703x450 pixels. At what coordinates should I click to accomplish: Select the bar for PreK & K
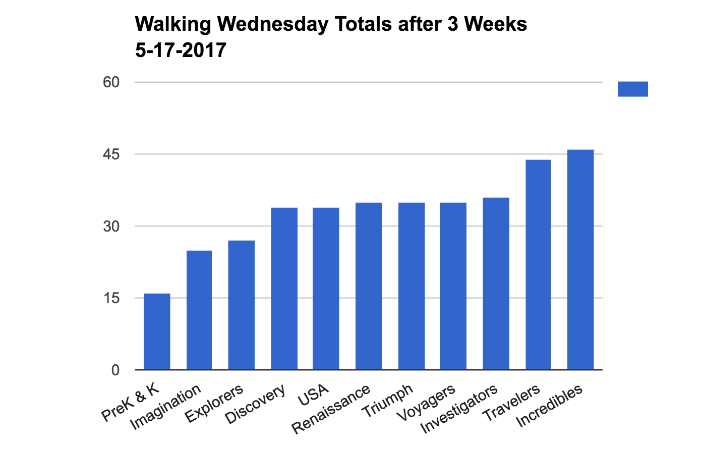[157, 331]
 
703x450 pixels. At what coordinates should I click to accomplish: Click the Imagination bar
[199, 310]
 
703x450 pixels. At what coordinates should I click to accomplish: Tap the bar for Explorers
[241, 305]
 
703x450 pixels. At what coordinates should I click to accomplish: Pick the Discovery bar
[284, 289]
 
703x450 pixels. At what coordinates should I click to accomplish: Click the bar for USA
[326, 289]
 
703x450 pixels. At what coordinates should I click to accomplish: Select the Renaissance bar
[369, 286]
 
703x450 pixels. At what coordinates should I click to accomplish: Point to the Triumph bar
[412, 286]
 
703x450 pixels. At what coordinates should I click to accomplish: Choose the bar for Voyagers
[453, 286]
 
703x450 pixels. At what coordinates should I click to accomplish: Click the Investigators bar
[496, 284]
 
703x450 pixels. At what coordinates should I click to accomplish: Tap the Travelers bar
[538, 264]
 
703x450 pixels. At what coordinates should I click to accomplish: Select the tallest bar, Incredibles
[580, 259]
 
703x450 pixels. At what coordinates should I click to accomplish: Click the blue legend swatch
[632, 89]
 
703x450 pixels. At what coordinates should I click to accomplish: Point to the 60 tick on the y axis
[111, 82]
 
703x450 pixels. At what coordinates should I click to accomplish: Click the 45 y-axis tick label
[111, 154]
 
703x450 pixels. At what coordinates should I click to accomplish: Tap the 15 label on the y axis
[111, 298]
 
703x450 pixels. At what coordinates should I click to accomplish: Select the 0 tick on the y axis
[115, 370]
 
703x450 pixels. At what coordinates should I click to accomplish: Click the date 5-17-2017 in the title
[181, 50]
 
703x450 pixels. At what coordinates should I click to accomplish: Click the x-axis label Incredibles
[550, 406]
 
